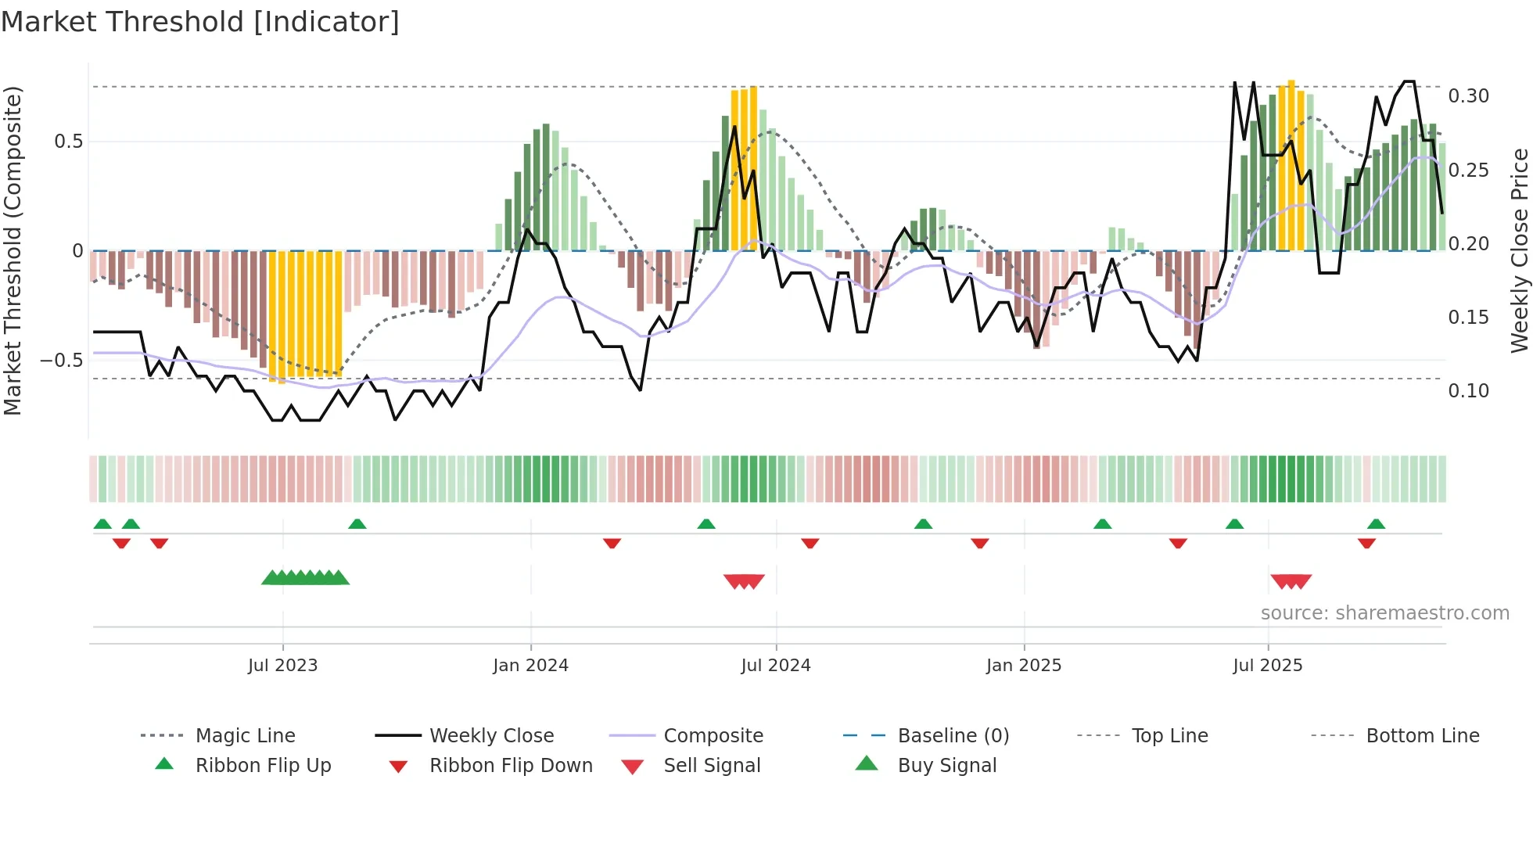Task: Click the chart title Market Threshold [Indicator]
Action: click(200, 22)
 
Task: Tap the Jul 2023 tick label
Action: click(282, 666)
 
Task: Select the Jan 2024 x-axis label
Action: click(530, 666)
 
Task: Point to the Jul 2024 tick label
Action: click(775, 666)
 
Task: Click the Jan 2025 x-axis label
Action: click(1023, 666)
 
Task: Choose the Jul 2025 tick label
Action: click(1267, 666)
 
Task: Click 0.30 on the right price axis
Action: click(1468, 96)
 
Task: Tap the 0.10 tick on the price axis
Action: click(1468, 391)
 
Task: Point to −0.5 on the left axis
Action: click(61, 361)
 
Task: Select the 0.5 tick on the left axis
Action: click(68, 142)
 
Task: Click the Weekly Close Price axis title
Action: click(1519, 250)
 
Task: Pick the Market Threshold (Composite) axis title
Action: click(13, 250)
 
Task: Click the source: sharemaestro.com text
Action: click(1384, 613)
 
